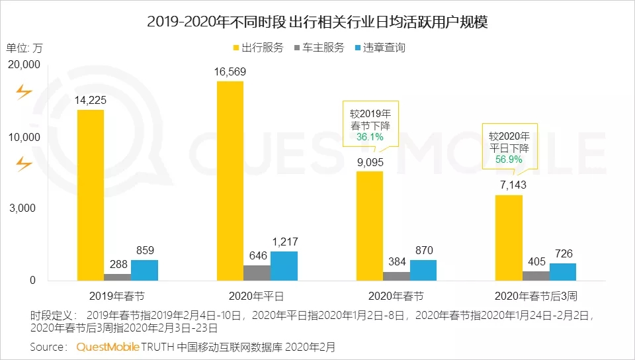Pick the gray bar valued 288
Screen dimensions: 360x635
click(x=117, y=277)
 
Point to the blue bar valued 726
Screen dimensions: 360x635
click(x=563, y=271)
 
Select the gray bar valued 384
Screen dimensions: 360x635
click(x=396, y=276)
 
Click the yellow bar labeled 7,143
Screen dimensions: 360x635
click(x=509, y=238)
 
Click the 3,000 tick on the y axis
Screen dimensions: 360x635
click(x=26, y=208)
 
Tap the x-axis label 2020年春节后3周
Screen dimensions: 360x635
click(x=536, y=294)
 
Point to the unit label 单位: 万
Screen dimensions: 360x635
click(x=24, y=48)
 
